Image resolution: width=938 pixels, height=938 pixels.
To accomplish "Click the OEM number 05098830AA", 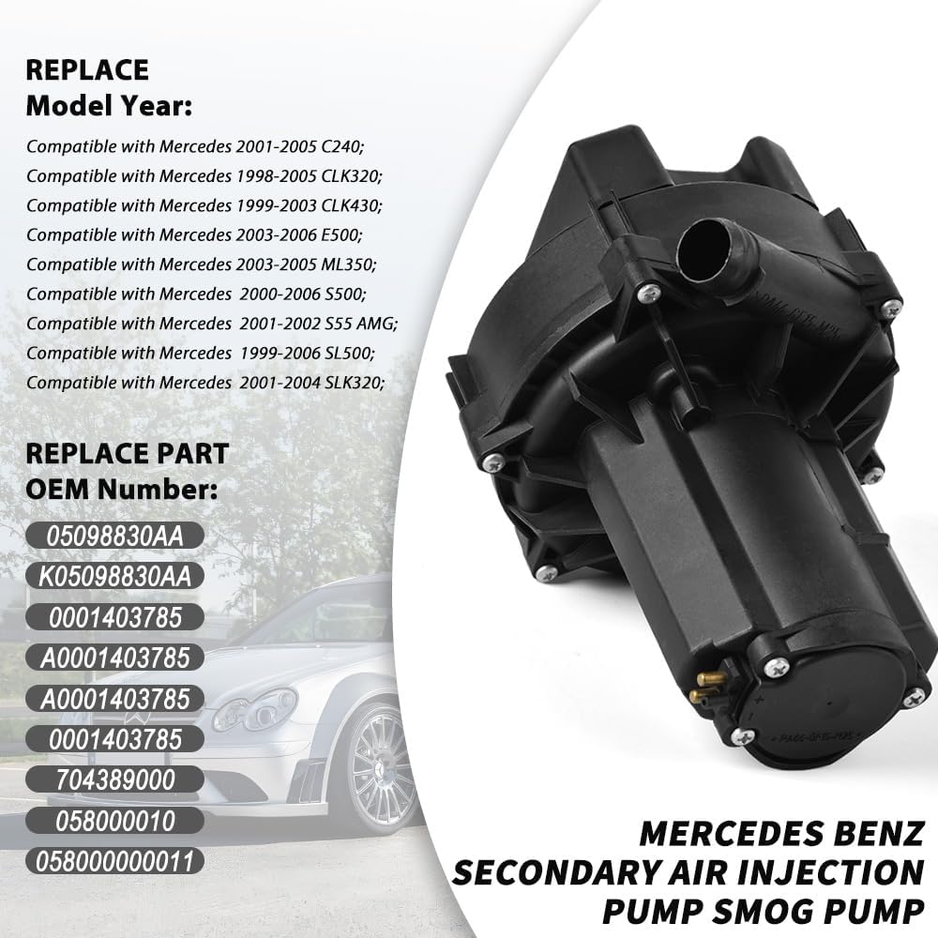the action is point(113,536).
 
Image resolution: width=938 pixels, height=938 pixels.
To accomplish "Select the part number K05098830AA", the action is point(113,576).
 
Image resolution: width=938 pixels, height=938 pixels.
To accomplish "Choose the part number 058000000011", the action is point(113,860).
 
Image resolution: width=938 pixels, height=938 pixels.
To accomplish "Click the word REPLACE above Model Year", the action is point(86,70).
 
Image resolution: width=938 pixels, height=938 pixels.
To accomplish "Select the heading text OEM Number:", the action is point(121,490).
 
